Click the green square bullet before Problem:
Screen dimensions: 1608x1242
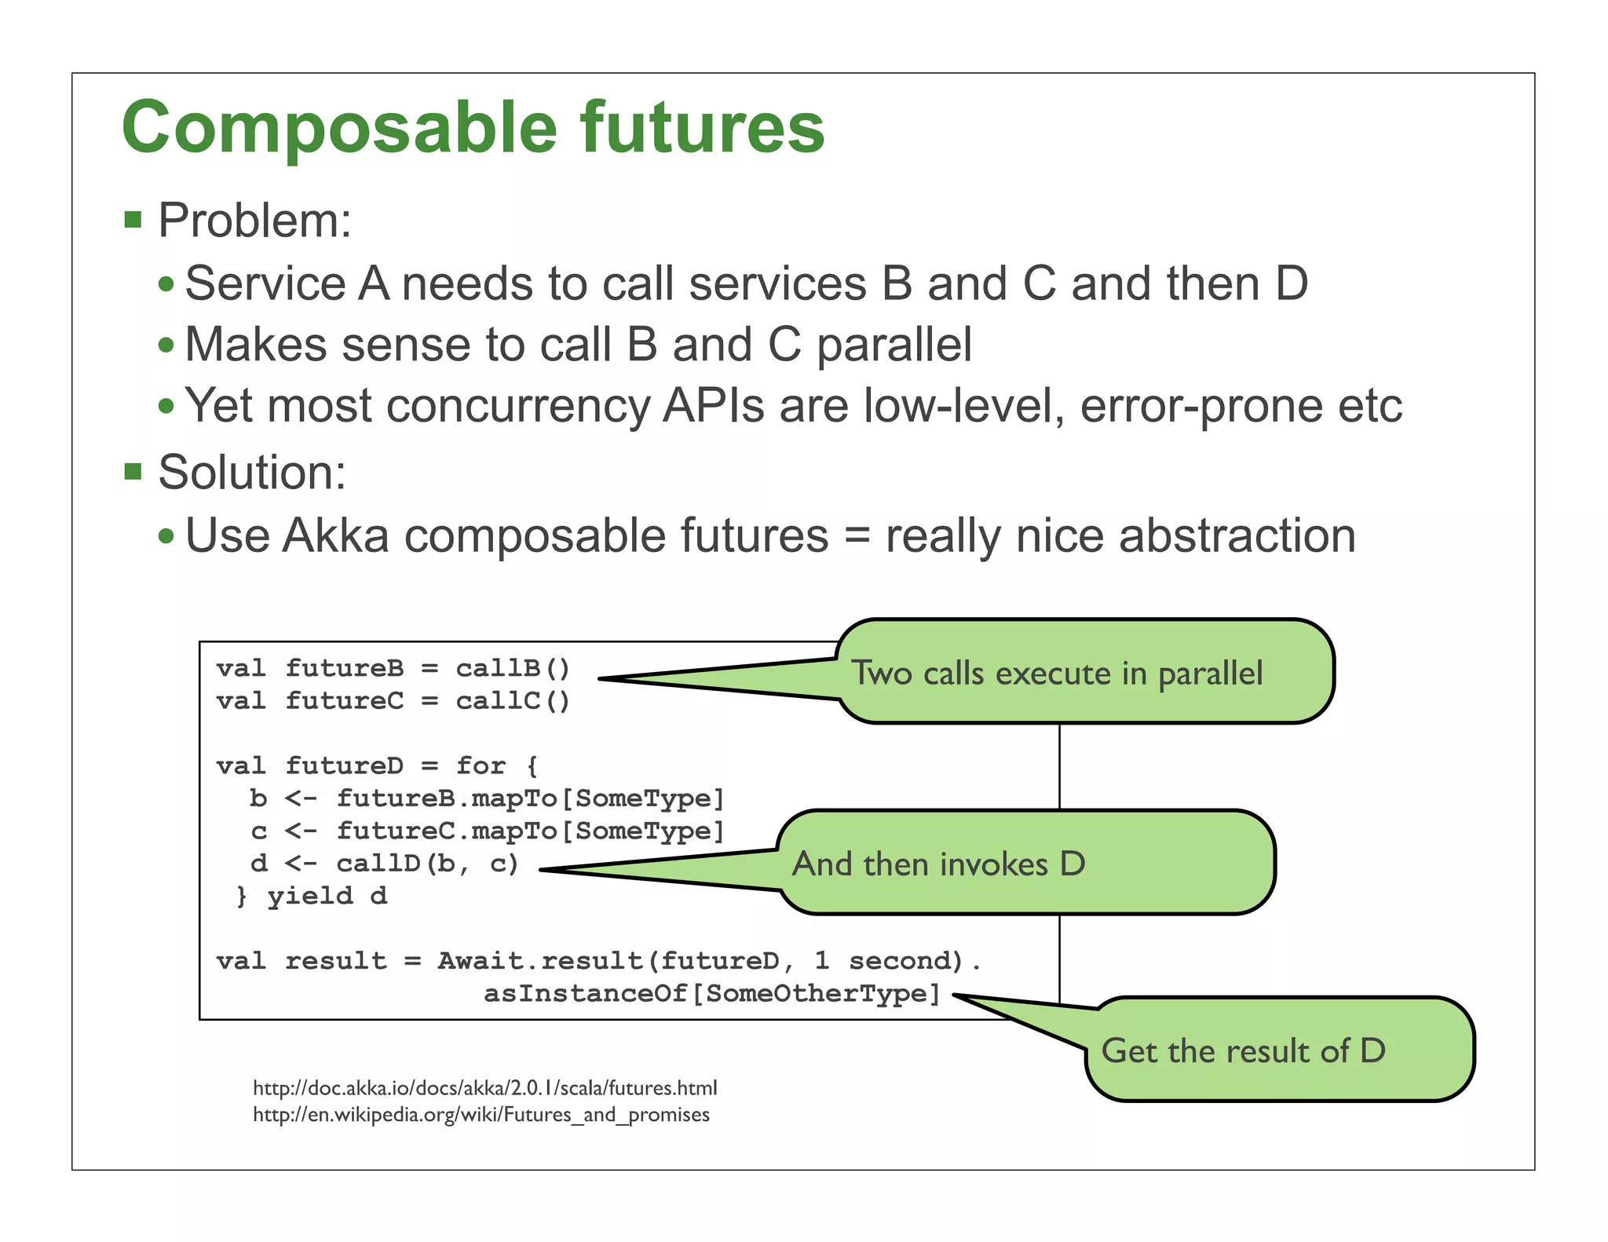[x=133, y=220]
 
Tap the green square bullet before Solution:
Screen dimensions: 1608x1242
[x=133, y=472]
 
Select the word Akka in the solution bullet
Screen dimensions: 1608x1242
[x=335, y=536]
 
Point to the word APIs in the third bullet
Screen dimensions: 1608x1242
[x=713, y=406]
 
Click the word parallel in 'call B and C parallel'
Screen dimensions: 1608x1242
[x=894, y=345]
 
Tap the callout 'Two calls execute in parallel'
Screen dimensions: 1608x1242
[x=1084, y=672]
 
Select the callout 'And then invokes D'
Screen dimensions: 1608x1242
[x=1021, y=863]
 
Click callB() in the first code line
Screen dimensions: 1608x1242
[x=513, y=668]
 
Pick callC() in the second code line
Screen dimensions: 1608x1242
[x=513, y=700]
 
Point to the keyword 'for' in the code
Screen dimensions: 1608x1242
[x=481, y=765]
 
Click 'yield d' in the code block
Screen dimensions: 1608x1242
[x=327, y=896]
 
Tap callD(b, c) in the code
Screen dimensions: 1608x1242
[x=427, y=864]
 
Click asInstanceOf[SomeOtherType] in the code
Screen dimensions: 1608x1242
[x=711, y=994]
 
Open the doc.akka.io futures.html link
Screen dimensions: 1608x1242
[x=484, y=1088]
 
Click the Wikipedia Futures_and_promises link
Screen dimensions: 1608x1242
[x=481, y=1115]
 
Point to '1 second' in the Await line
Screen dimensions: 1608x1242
[x=886, y=961]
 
